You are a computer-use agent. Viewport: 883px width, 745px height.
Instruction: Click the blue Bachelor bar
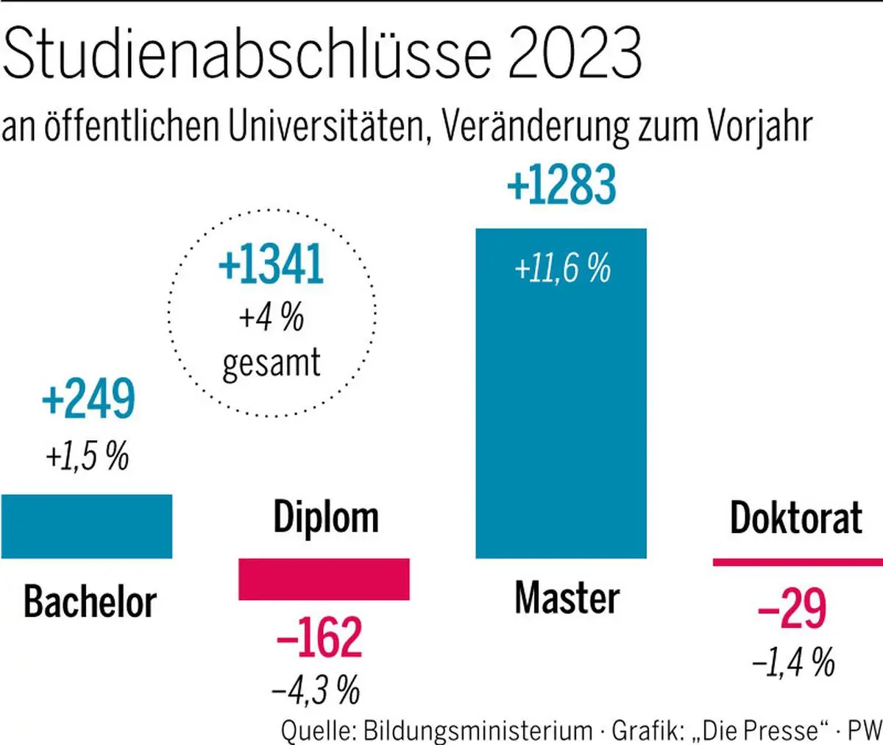[x=87, y=526]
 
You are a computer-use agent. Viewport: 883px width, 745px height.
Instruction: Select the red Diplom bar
[x=324, y=579]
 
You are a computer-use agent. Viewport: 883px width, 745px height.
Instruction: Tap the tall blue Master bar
[x=561, y=412]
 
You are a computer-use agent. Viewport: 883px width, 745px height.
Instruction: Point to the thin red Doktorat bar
[x=798, y=562]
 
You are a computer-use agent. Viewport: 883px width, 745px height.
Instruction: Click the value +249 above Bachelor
[x=89, y=399]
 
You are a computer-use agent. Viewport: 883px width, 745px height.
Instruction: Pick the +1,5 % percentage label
[x=87, y=456]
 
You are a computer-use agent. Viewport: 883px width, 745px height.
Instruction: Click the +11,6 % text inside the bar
[x=562, y=269]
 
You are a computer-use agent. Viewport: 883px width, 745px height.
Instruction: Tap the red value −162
[x=319, y=638]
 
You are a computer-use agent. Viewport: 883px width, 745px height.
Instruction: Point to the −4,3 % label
[x=316, y=691]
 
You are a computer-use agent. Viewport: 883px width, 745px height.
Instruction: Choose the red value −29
[x=792, y=609]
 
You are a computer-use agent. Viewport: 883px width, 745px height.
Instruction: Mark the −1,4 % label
[x=793, y=663]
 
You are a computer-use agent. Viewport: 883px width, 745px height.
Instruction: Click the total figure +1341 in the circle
[x=271, y=265]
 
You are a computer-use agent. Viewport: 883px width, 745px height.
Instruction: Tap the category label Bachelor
[x=90, y=601]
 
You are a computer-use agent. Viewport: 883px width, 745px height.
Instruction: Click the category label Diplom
[x=326, y=518]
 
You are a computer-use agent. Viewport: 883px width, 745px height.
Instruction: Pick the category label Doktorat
[x=796, y=518]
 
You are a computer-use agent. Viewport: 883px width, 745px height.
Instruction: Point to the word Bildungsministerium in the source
[x=478, y=730]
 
